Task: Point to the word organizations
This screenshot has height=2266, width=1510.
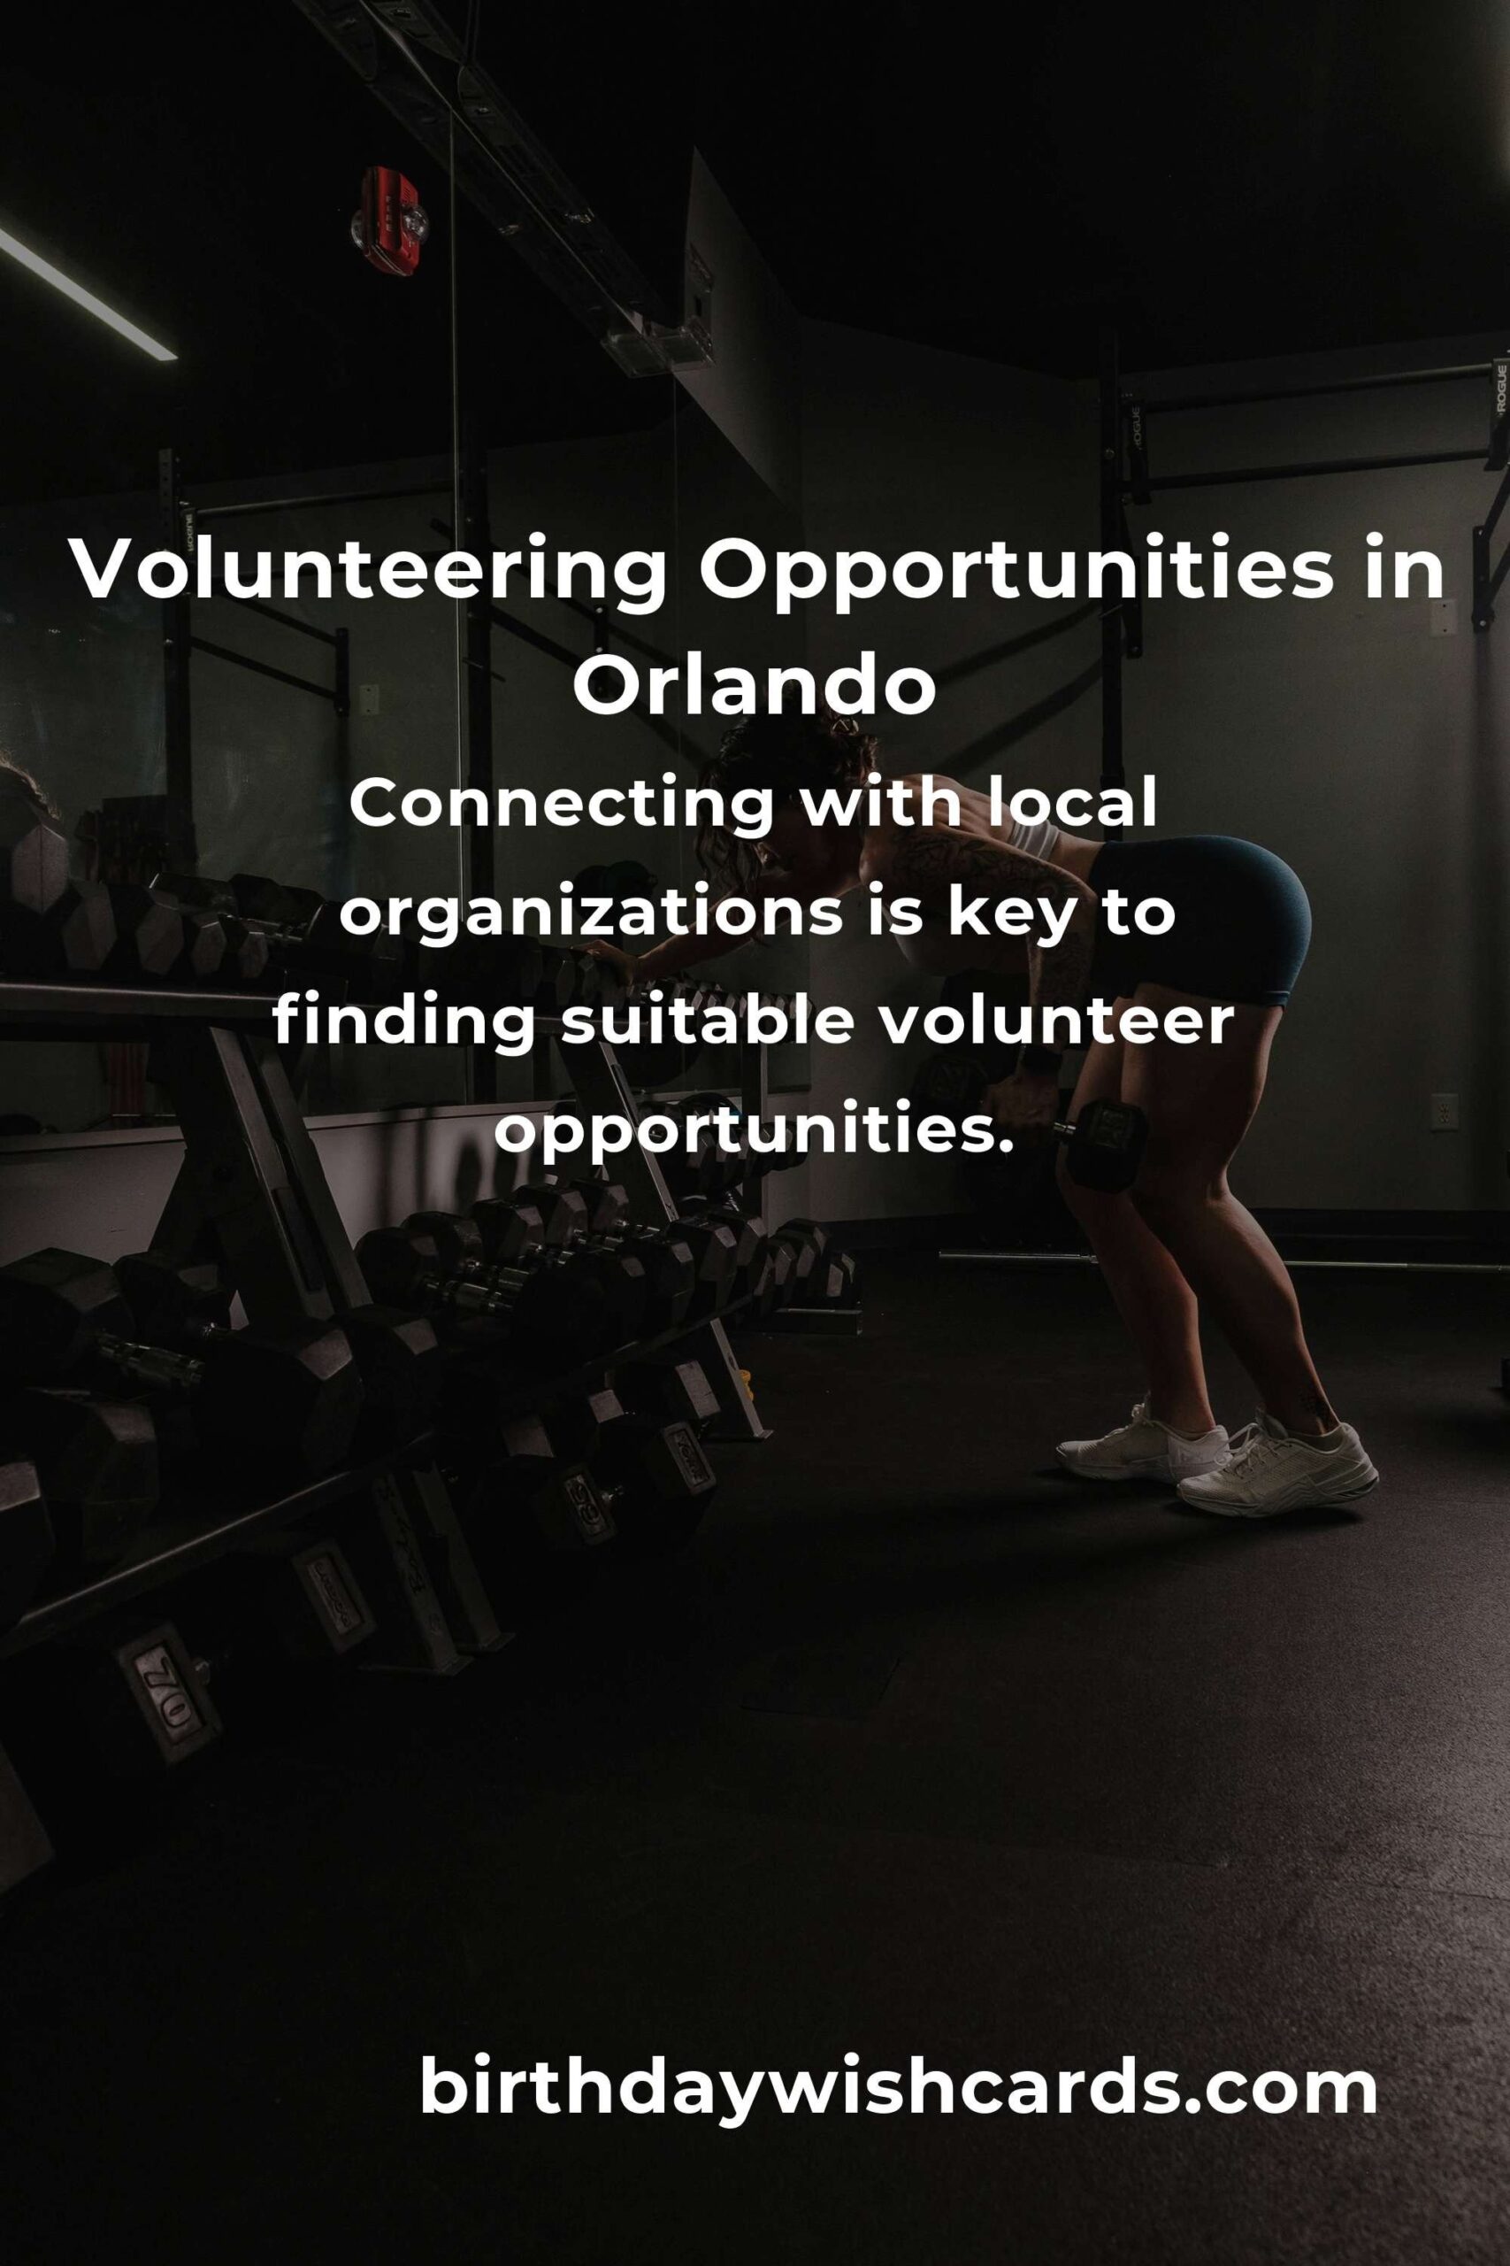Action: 591,915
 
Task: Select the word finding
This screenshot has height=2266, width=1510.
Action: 403,1023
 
